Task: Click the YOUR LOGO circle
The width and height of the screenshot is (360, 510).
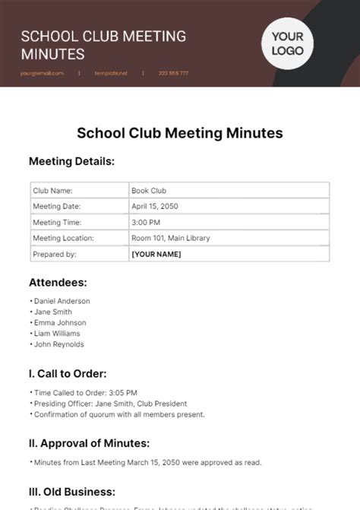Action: point(288,44)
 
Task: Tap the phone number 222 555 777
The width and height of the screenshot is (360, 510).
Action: point(173,73)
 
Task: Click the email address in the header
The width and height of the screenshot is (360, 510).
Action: point(43,73)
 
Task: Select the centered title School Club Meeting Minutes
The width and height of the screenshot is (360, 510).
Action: point(180,133)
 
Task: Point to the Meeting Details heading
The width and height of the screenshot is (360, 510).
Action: point(71,161)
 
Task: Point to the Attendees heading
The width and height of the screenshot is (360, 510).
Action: point(58,283)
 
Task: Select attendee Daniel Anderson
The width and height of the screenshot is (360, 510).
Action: point(62,301)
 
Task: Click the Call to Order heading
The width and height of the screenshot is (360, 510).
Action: point(68,373)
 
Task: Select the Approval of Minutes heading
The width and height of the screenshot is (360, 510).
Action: point(89,443)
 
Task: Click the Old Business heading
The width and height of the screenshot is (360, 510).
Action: point(72,491)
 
